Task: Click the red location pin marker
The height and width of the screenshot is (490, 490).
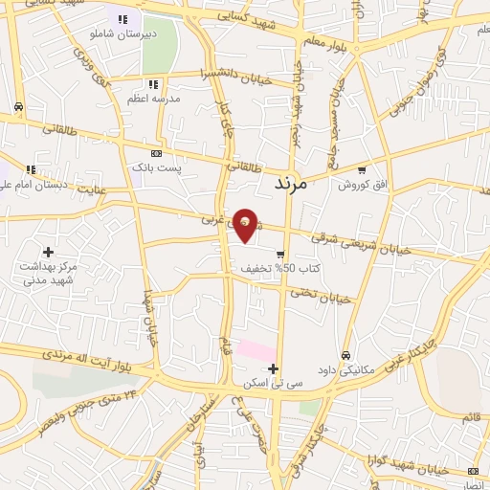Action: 246,224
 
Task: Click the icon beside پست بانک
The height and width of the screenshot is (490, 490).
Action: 156,152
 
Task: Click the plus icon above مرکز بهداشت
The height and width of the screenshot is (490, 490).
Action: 48,252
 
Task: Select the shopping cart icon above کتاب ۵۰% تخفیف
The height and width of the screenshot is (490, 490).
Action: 279,255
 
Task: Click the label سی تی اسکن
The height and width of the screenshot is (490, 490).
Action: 274,383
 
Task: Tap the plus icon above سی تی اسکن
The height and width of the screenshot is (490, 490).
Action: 274,368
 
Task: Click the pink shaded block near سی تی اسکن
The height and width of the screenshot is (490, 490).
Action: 256,350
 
